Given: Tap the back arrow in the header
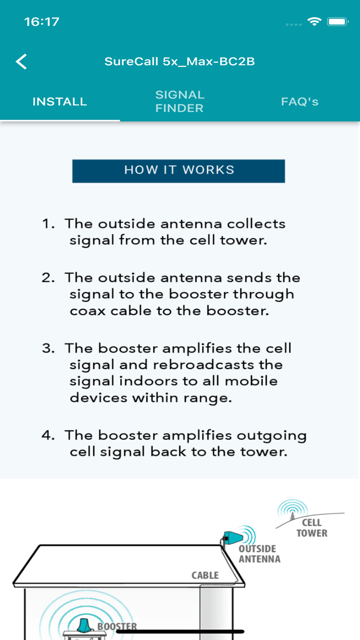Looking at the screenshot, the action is [22, 61].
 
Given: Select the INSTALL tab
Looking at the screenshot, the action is [60, 102].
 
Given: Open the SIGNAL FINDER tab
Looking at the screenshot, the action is [179, 101].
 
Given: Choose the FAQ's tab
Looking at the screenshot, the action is [300, 102].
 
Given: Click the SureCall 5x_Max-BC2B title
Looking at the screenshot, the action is [179, 61].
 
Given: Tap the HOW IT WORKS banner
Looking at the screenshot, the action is [178, 171].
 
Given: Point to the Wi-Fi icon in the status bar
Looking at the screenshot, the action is [314, 22].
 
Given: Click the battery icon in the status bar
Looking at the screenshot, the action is [338, 22].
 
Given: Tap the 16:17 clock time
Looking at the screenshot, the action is [42, 22].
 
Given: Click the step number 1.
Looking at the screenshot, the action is [48, 224].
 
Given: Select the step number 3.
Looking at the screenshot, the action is [48, 349].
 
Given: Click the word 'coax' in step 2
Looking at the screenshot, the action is [88, 311].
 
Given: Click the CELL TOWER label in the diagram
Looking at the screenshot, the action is [312, 528].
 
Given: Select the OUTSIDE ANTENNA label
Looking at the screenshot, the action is [259, 554].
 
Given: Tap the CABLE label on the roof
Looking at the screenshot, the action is [205, 575].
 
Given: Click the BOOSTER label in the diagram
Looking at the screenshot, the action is [117, 626].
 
